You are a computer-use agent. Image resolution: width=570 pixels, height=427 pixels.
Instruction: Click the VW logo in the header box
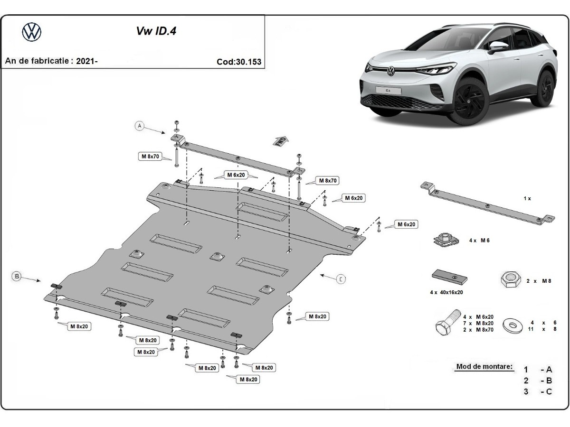32,32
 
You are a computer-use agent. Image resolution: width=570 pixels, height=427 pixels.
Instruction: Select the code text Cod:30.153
238,62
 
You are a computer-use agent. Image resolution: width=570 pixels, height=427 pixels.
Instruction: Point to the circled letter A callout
139,126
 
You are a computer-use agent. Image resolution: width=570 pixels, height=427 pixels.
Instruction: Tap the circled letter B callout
17,276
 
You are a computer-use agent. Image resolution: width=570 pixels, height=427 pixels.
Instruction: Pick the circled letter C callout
342,279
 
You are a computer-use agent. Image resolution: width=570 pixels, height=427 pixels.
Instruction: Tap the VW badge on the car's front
390,72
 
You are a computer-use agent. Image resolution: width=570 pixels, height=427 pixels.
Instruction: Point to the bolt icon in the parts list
446,324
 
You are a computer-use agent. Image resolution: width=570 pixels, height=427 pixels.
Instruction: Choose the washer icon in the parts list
513,325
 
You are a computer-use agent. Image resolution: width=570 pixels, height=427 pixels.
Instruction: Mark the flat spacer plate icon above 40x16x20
449,276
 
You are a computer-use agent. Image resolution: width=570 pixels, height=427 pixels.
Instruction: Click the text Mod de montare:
484,366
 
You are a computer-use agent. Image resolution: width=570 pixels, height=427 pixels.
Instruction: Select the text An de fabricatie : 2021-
51,61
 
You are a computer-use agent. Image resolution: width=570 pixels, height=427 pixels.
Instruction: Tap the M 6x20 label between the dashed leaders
235,176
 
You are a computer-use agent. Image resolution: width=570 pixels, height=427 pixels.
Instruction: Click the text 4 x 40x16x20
446,292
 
